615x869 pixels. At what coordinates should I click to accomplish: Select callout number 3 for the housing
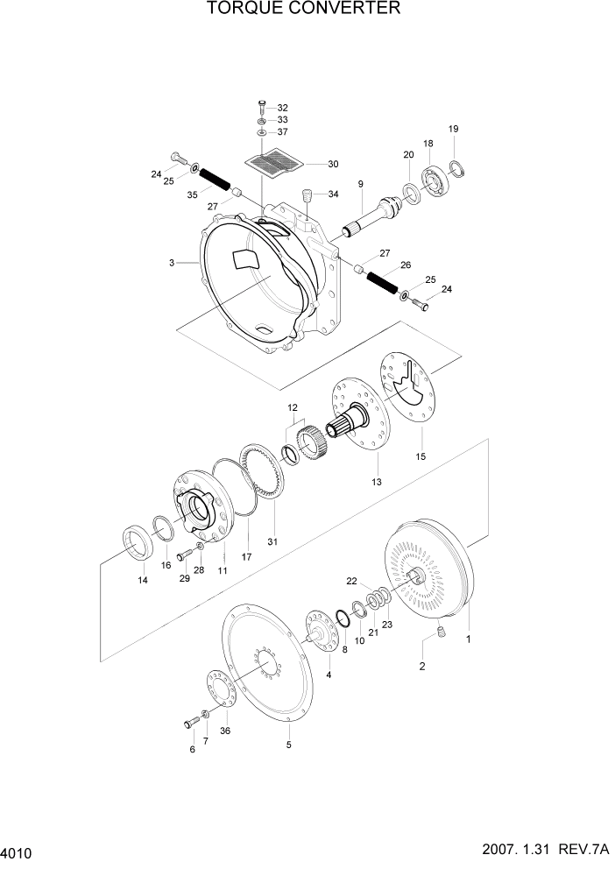pos(173,262)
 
